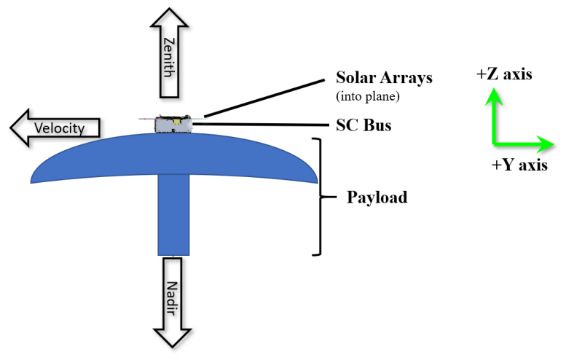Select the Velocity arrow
coord(55,128)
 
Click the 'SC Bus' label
coord(363,125)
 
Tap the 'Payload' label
coord(375,197)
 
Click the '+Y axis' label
coord(519,165)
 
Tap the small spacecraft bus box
coord(172,125)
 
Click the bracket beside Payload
coord(318,197)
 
